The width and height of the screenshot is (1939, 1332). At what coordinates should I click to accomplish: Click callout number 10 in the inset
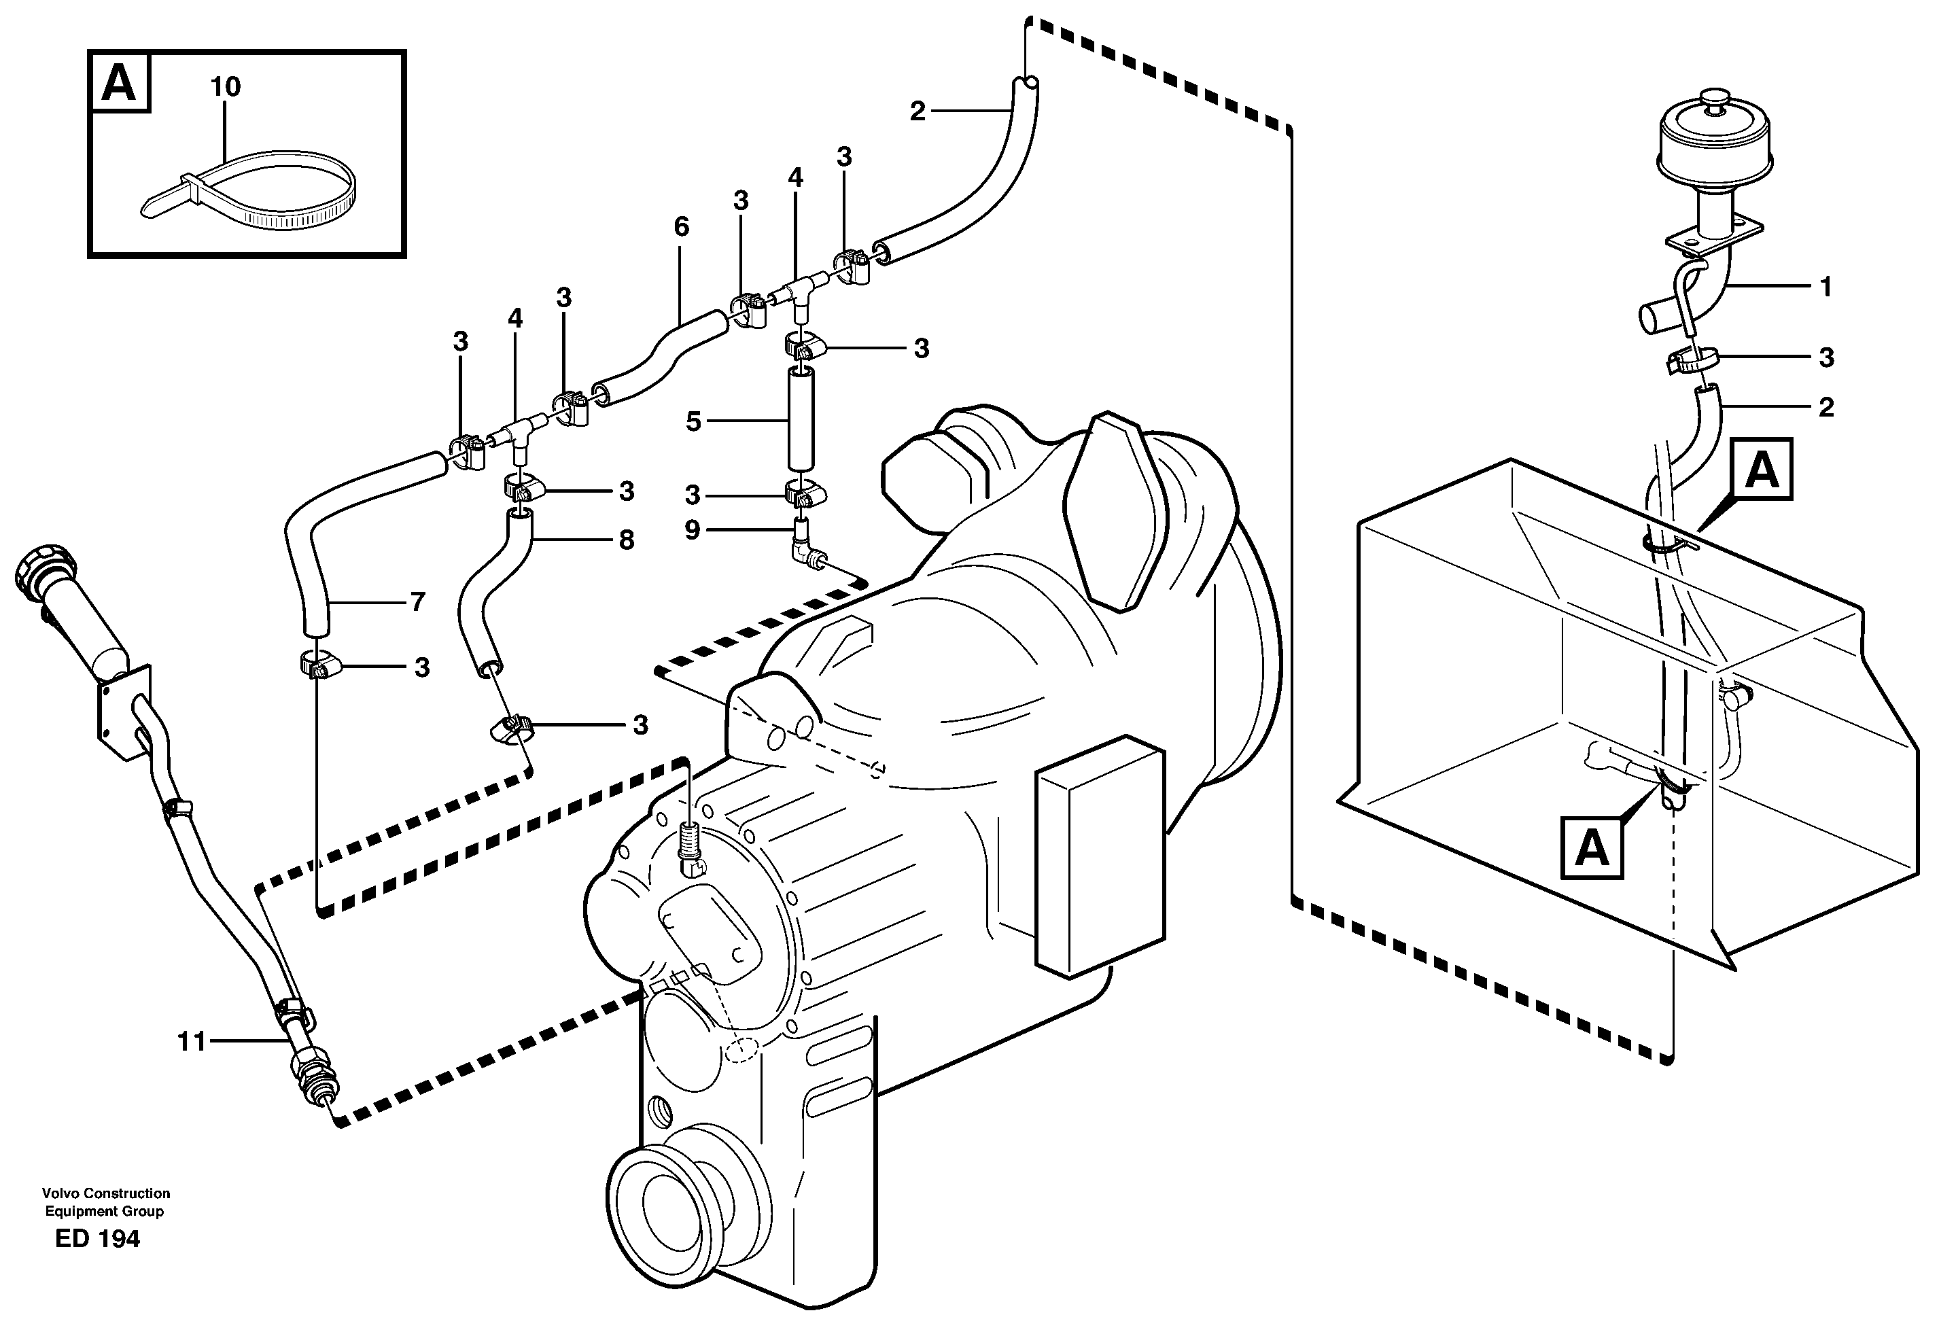(226, 87)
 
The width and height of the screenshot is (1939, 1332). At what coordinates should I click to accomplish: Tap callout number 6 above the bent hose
(681, 227)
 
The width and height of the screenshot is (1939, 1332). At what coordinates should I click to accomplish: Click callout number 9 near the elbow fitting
(692, 529)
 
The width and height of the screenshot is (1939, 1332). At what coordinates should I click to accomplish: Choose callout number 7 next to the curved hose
(417, 601)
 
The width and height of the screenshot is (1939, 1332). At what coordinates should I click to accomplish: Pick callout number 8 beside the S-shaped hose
(626, 540)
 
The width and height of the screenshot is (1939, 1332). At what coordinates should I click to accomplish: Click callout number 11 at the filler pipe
(191, 1042)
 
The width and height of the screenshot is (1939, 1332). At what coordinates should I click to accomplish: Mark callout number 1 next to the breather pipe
(1826, 287)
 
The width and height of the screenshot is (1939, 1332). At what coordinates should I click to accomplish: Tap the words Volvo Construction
(106, 1194)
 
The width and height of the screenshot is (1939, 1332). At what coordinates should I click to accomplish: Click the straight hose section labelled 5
(800, 422)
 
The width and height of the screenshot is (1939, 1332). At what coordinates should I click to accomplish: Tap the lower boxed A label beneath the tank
(1592, 849)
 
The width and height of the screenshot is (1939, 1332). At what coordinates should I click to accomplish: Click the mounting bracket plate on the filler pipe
(124, 713)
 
